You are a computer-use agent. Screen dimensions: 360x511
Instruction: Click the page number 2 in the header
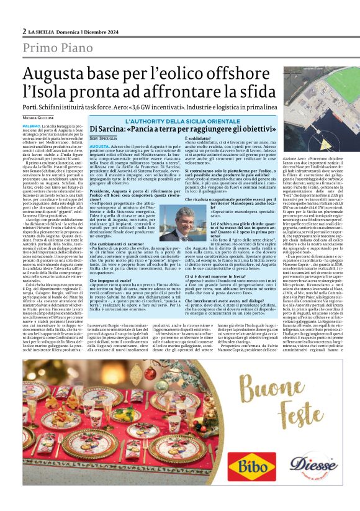(x=24, y=30)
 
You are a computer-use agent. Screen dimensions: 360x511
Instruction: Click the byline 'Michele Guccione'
(x=38, y=117)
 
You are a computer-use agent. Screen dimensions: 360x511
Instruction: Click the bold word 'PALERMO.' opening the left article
(x=32, y=125)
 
